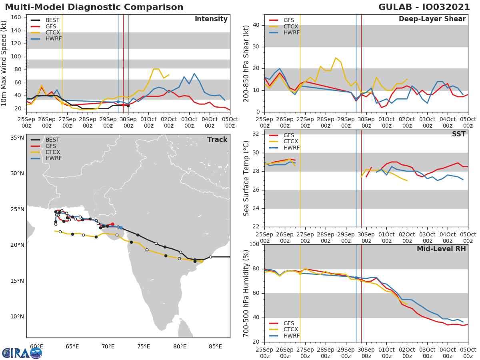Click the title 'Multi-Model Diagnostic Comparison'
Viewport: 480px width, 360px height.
(x=94, y=7)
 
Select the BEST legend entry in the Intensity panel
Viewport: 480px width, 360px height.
(x=52, y=20)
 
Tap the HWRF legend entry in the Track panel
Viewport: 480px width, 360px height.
(x=53, y=158)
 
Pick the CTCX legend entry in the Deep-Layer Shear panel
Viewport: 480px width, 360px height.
(x=291, y=26)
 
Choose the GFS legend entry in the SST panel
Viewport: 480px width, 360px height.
(x=288, y=135)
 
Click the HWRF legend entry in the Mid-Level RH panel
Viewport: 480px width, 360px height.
(x=291, y=336)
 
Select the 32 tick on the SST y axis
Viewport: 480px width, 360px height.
(x=257, y=134)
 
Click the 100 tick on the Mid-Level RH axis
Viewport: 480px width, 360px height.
(x=254, y=244)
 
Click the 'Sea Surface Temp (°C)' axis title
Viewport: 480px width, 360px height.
(x=246, y=178)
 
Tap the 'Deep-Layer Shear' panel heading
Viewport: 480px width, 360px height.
(x=432, y=19)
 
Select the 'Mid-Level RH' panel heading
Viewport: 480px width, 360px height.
(x=441, y=249)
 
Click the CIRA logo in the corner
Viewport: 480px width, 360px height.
(x=22, y=353)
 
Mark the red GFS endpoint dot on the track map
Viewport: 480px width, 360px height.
(x=112, y=224)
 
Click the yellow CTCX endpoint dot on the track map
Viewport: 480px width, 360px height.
(x=201, y=261)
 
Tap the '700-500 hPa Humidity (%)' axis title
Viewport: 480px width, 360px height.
(x=246, y=293)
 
